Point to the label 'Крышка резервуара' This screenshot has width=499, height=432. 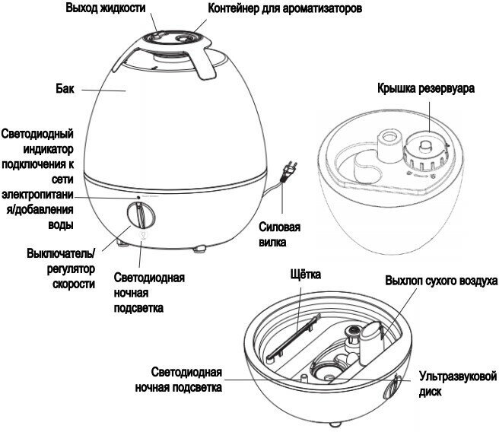(x=425, y=88)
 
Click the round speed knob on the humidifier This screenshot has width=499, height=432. (x=140, y=216)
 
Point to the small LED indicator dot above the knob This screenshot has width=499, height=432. (x=139, y=197)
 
